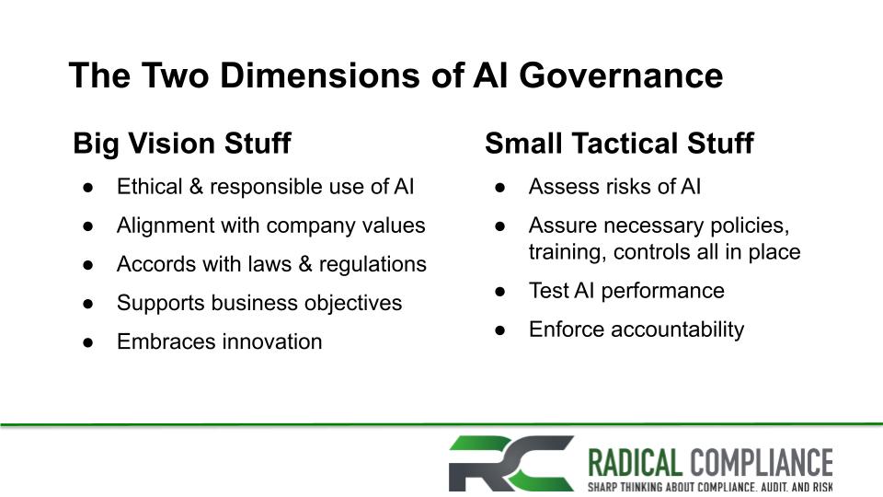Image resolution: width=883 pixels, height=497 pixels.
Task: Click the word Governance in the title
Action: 621,75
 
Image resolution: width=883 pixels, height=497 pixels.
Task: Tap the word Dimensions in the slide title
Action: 319,75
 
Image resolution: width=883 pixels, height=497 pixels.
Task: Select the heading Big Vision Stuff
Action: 182,144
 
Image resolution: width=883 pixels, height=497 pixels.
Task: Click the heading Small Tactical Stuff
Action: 619,144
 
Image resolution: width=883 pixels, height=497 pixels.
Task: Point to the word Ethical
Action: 150,187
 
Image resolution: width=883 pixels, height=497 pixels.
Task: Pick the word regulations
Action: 373,265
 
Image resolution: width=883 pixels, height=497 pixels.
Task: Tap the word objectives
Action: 353,303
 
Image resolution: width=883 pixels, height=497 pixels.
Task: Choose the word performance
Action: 663,292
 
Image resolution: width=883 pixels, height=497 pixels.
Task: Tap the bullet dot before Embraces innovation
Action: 88,342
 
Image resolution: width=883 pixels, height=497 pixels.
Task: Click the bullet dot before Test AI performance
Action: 500,292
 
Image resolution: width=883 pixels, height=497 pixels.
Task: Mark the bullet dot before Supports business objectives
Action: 88,304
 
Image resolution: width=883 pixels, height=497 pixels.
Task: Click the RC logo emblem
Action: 510,463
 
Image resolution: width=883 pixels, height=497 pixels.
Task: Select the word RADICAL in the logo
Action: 636,463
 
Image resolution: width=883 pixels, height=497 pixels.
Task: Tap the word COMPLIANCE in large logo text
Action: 762,463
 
